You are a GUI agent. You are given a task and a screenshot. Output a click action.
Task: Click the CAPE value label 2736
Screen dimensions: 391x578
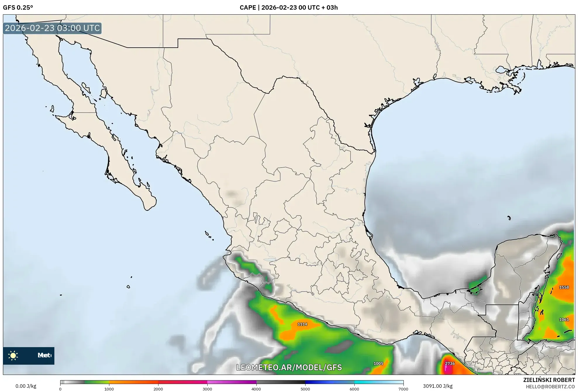(450, 364)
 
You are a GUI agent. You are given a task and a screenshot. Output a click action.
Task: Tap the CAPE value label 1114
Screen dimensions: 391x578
(302, 324)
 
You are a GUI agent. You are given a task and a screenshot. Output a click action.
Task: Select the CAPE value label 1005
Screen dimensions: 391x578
(378, 364)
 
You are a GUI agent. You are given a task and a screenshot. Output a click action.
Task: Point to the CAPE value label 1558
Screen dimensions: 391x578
(564, 287)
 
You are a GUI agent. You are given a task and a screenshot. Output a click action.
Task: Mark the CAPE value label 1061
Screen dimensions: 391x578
(564, 320)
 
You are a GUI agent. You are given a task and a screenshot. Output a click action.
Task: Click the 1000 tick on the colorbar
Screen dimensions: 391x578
(109, 389)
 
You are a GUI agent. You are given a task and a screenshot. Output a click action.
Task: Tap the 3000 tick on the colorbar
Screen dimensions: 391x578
(207, 389)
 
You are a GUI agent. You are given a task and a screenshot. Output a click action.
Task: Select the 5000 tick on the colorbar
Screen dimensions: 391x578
(305, 389)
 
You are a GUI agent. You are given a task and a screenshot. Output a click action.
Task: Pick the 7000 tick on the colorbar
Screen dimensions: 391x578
(403, 389)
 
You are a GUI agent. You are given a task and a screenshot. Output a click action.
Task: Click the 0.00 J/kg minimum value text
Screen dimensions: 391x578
(26, 386)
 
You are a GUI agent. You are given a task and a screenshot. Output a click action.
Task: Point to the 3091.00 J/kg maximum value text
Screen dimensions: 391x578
(438, 386)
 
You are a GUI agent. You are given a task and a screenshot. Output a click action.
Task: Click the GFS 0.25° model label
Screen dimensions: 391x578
(18, 8)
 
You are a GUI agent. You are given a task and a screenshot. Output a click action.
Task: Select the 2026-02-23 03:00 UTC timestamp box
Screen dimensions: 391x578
(52, 28)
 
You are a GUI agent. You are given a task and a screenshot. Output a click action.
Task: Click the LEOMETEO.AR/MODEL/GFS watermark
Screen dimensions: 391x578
(289, 367)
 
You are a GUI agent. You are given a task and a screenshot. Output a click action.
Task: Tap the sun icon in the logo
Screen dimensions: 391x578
(13, 356)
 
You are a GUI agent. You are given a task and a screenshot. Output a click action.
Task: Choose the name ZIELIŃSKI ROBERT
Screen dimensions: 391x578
(549, 380)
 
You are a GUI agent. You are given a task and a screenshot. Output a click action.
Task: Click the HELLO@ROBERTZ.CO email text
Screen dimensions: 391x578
(550, 387)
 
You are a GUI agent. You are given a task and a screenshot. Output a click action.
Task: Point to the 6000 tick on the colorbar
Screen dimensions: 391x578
(354, 389)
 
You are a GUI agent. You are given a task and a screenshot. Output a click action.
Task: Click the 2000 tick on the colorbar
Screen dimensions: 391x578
(158, 389)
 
